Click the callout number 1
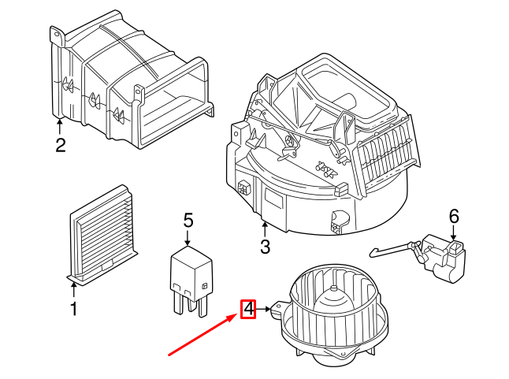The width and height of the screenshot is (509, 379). click(73, 310)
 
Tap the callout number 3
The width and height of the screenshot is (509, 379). click(265, 247)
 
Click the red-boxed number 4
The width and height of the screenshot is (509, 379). click(248, 310)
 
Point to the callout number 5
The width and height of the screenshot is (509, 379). click(188, 221)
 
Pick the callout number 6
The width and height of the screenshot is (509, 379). click(453, 215)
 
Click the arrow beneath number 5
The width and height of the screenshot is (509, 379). click(188, 239)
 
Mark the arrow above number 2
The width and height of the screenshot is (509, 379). click(60, 126)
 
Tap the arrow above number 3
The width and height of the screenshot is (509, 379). click(265, 229)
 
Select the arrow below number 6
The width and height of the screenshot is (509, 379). click(453, 232)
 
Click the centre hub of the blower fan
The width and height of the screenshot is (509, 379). click(333, 298)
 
